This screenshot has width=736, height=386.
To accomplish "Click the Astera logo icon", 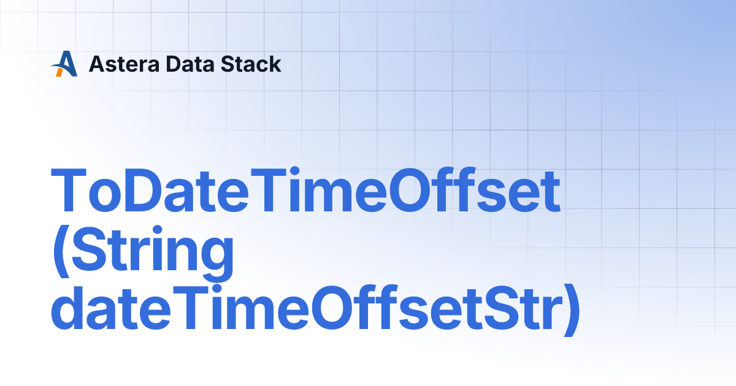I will pos(64,64).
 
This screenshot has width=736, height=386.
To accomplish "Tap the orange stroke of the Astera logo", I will pos(59,70).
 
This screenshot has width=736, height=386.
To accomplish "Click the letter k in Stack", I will pos(275,64).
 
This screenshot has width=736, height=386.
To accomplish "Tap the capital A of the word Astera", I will pos(97,64).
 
